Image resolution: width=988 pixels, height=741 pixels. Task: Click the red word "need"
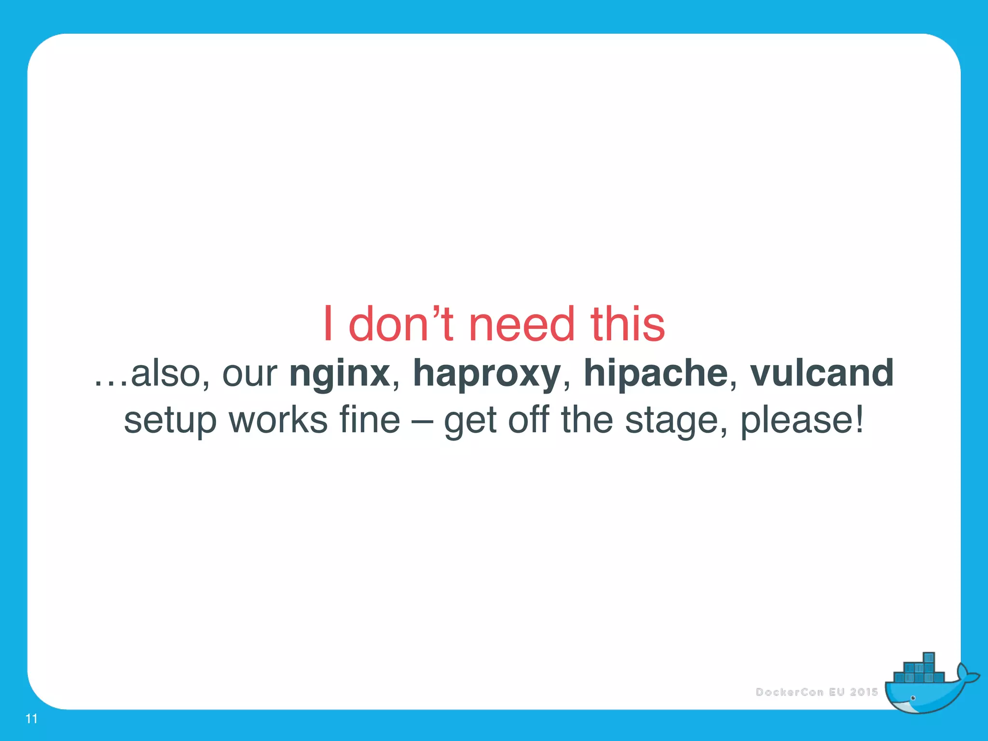pyautogui.click(x=522, y=325)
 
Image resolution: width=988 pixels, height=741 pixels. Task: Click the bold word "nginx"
pyautogui.click(x=340, y=374)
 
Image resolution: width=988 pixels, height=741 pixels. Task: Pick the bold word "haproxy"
pyautogui.click(x=486, y=374)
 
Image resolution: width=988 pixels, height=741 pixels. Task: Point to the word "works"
pyautogui.click(x=278, y=420)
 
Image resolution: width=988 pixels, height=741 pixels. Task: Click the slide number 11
pyautogui.click(x=31, y=719)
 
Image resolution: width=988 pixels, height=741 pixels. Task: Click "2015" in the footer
pyautogui.click(x=864, y=692)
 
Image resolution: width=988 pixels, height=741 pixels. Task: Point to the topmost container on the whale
pyautogui.click(x=929, y=659)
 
